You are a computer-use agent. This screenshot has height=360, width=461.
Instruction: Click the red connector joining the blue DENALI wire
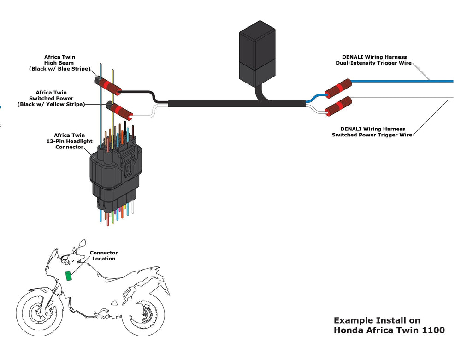[338, 88]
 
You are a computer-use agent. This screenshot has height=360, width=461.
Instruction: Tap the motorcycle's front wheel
[37, 314]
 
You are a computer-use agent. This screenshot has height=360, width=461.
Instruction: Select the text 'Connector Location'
[104, 255]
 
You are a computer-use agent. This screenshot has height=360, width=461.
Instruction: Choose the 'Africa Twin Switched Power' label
[52, 98]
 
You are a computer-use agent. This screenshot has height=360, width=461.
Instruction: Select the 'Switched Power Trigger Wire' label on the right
[372, 132]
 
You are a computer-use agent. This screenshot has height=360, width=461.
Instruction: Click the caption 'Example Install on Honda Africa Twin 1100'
[389, 325]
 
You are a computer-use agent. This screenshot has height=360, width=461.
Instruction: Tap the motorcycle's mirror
[82, 243]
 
